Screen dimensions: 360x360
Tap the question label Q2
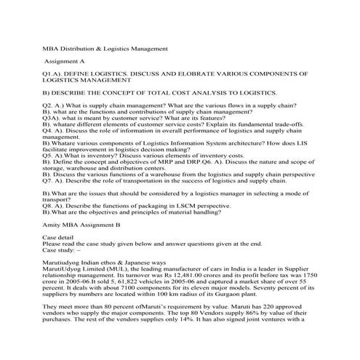pyautogui.click(x=49, y=106)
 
